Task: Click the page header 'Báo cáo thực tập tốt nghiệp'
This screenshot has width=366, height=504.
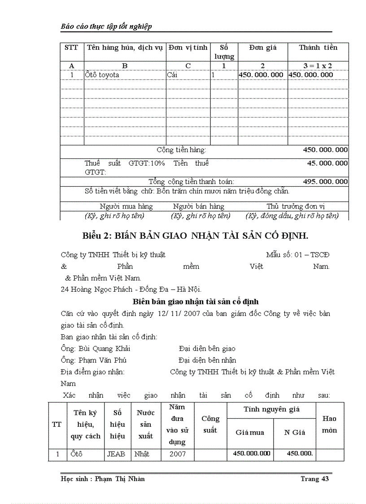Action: (x=106, y=26)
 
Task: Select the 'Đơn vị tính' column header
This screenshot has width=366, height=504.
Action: (x=187, y=48)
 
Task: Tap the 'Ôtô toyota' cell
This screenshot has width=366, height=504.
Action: (x=102, y=75)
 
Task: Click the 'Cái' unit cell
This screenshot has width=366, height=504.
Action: (x=172, y=75)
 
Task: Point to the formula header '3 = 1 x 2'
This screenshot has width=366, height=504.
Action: (x=318, y=66)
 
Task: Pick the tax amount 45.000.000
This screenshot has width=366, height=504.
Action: (x=327, y=163)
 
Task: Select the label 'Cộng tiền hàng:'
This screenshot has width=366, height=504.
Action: (x=181, y=150)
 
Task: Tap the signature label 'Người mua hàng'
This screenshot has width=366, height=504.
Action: (x=126, y=206)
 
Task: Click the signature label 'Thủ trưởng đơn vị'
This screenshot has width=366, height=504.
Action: (x=296, y=206)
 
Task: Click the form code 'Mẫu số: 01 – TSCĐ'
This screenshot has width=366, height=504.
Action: (x=297, y=255)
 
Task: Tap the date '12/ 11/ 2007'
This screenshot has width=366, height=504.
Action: (x=179, y=313)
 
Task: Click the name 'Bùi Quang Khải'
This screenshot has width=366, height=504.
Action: (x=104, y=348)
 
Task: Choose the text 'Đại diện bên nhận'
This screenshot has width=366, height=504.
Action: (x=207, y=360)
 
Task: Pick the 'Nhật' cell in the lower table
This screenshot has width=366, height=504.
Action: (x=142, y=454)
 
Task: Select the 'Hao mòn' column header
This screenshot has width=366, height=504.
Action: (x=329, y=424)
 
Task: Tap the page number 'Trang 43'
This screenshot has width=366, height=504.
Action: (x=315, y=479)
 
